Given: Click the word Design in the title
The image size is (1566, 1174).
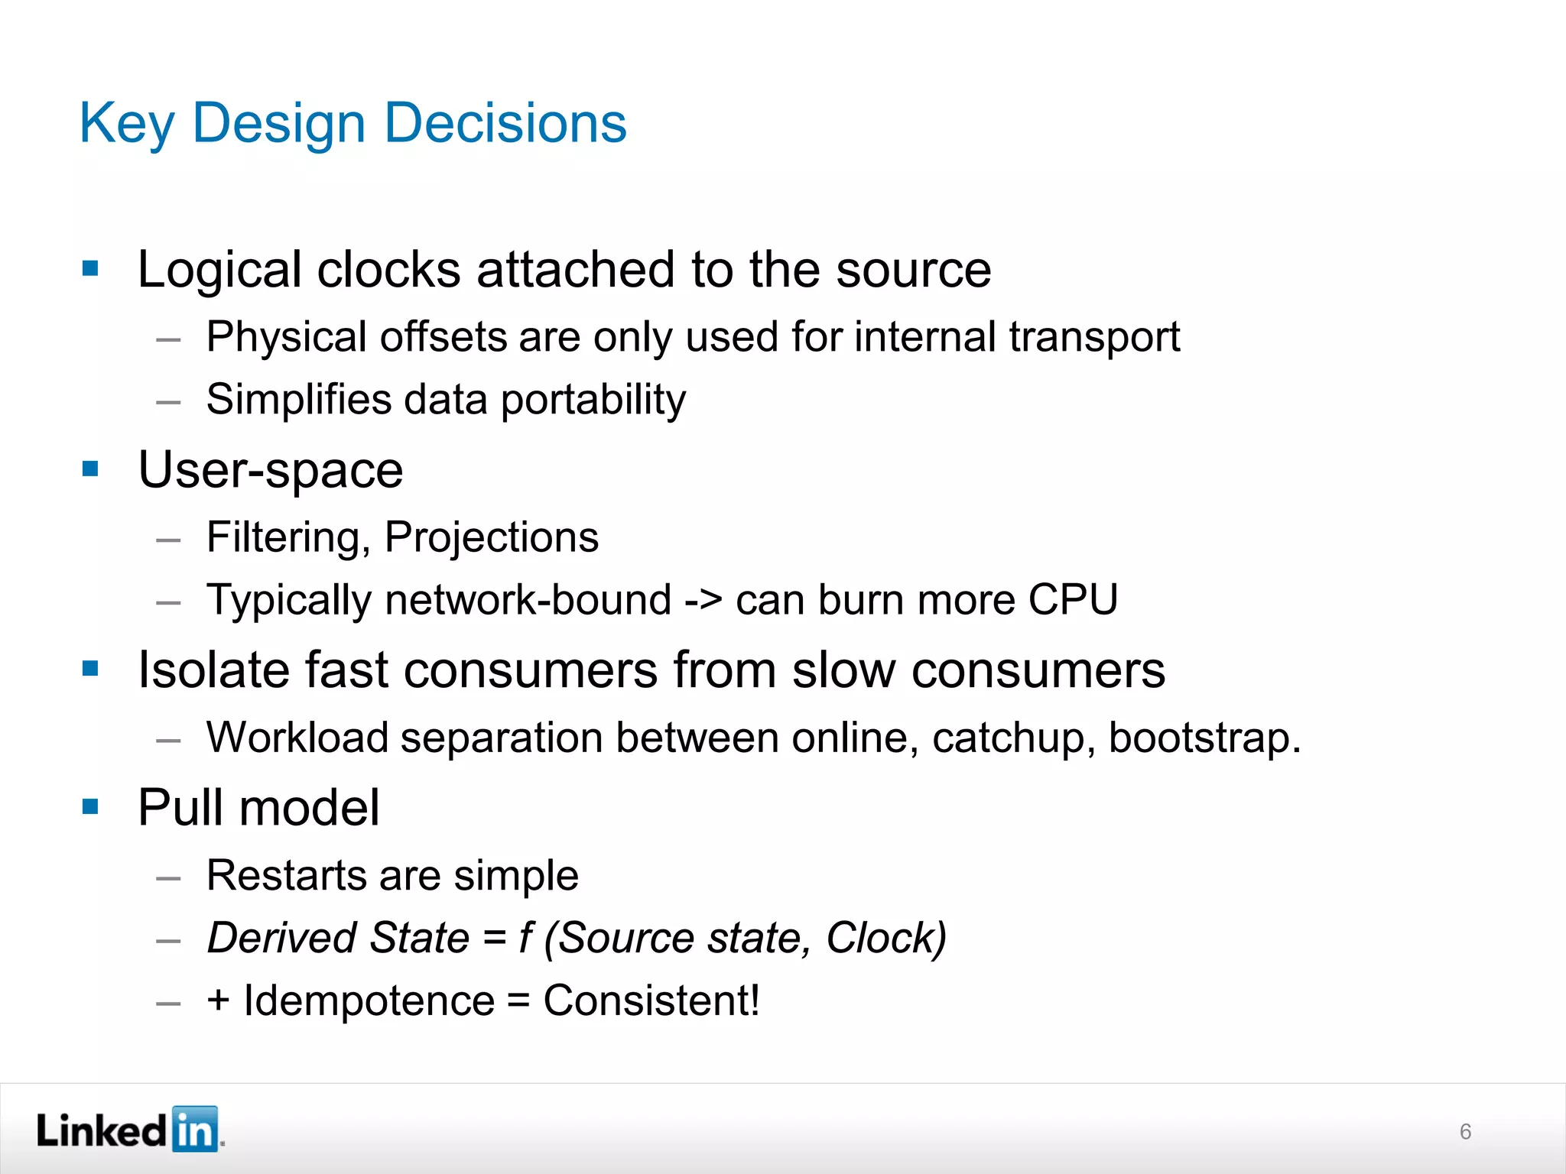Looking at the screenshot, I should click(x=278, y=124).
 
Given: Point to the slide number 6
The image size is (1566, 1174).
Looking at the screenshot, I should click(x=1465, y=1131).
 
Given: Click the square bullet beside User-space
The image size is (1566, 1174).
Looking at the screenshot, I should click(x=90, y=468).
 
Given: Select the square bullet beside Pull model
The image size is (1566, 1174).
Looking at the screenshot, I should click(x=90, y=806).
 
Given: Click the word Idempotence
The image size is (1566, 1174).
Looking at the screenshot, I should click(x=369, y=1000).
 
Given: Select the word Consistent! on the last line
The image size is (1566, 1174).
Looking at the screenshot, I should click(x=651, y=1000).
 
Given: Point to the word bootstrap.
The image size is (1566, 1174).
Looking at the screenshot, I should click(x=1204, y=738).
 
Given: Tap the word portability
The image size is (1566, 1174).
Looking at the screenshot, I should click(x=593, y=401).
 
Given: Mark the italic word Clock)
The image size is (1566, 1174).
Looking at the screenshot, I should click(x=886, y=938).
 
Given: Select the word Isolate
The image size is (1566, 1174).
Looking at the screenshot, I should click(x=213, y=670).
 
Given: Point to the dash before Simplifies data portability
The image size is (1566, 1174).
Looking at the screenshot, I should click(x=168, y=402).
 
